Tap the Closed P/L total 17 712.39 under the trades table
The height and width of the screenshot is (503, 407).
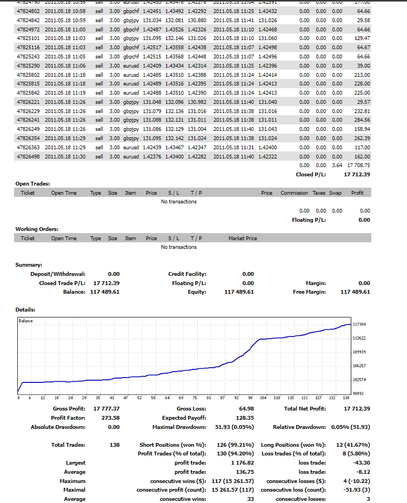[x=357, y=175]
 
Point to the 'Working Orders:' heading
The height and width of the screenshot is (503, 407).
[x=37, y=229]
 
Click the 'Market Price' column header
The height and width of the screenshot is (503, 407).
[x=243, y=239]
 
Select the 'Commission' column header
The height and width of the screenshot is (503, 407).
[x=294, y=193]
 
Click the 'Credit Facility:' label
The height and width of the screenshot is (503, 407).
[x=187, y=274]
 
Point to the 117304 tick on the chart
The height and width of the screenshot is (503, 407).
[x=359, y=324]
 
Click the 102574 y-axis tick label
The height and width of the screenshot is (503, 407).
[x=359, y=380]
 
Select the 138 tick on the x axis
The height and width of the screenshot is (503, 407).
[x=347, y=398]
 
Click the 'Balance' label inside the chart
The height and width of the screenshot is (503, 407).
[x=25, y=321]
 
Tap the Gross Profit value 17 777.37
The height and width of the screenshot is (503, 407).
[x=106, y=408]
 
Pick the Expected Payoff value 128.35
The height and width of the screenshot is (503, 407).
[x=243, y=418]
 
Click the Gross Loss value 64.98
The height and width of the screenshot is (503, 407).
[x=246, y=408]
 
